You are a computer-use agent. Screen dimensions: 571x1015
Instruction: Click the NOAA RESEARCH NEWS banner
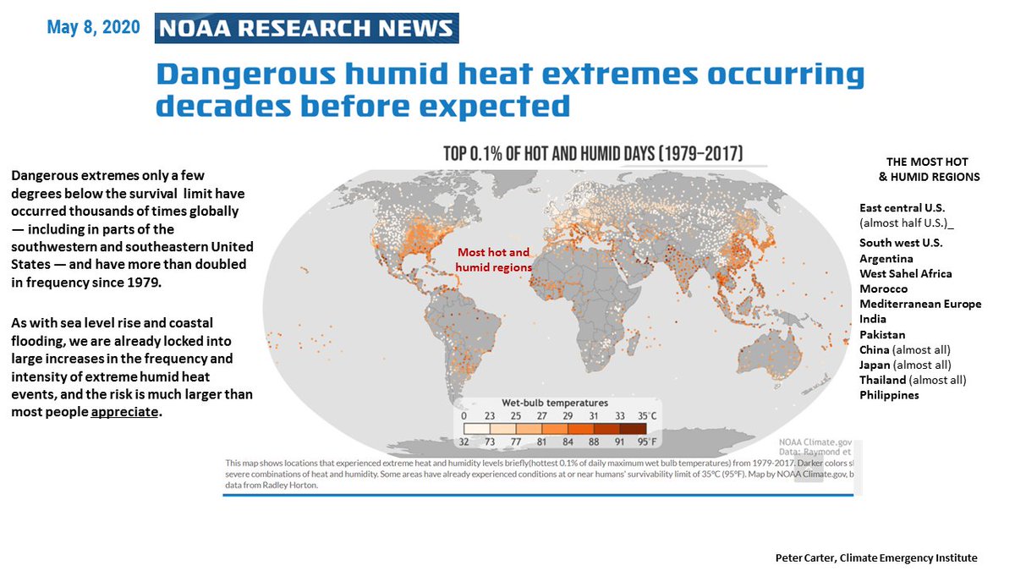307,28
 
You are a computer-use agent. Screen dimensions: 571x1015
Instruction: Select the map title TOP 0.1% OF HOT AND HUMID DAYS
593,154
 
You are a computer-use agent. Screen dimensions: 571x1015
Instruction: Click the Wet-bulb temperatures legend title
556,403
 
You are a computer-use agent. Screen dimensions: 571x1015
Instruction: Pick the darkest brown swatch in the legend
645,428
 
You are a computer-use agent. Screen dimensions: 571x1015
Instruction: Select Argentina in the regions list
886,258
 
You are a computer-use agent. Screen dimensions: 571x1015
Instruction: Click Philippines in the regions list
889,395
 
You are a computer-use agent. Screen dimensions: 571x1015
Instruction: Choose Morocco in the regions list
883,288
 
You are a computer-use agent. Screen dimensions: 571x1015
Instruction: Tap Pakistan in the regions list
882,334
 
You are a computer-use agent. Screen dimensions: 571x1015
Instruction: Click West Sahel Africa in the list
905,273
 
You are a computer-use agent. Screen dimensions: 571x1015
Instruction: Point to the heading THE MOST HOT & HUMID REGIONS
927,169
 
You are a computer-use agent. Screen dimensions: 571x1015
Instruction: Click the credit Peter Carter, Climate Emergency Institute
876,557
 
